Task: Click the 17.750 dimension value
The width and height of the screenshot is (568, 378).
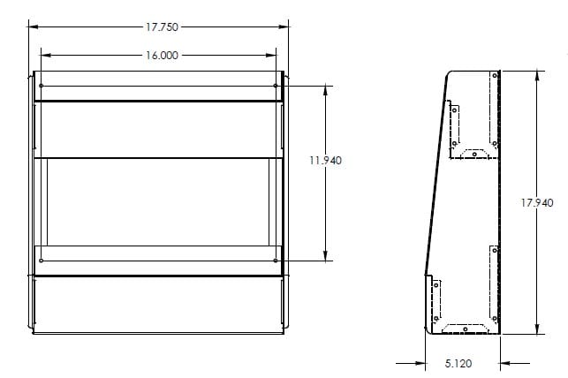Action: tap(160, 26)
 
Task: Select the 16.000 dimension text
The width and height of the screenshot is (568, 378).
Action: tap(160, 55)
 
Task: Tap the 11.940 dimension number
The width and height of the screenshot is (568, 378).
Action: tap(326, 161)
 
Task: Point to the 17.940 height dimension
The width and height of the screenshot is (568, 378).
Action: tap(537, 202)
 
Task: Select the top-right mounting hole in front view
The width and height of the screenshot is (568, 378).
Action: tap(276, 86)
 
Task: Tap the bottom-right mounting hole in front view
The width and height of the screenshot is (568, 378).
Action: tap(276, 261)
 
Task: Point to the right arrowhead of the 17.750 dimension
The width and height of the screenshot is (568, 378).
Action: tap(286, 26)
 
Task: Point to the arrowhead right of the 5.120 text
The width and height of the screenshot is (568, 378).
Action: tap(504, 362)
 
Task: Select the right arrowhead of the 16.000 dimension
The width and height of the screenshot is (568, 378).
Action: tap(275, 55)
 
